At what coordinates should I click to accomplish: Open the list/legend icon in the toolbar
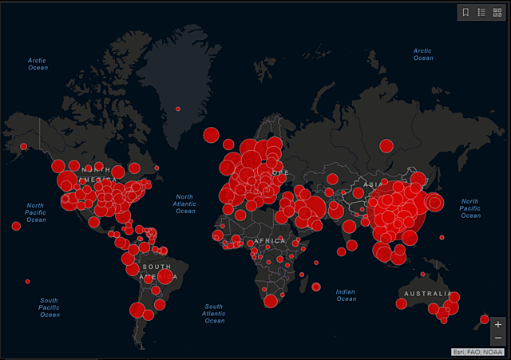(x=481, y=12)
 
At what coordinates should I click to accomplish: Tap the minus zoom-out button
(x=498, y=338)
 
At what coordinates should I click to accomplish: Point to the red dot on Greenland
(x=178, y=109)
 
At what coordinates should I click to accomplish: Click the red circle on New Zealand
(x=484, y=320)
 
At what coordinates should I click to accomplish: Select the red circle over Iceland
(x=211, y=135)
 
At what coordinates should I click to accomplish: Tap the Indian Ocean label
(x=346, y=295)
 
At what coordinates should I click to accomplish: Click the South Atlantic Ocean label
(x=213, y=314)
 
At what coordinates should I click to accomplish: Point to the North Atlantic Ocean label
(x=185, y=204)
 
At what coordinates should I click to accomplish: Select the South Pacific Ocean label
(x=50, y=307)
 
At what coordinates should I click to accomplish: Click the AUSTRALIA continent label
(x=425, y=293)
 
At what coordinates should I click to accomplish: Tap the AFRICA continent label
(x=270, y=240)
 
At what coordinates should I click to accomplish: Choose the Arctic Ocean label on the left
(x=38, y=63)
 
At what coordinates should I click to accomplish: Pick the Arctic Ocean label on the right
(x=422, y=54)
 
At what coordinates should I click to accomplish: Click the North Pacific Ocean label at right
(x=470, y=208)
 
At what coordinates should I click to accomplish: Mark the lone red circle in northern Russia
(x=386, y=145)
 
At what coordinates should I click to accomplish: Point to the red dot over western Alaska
(x=23, y=146)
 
